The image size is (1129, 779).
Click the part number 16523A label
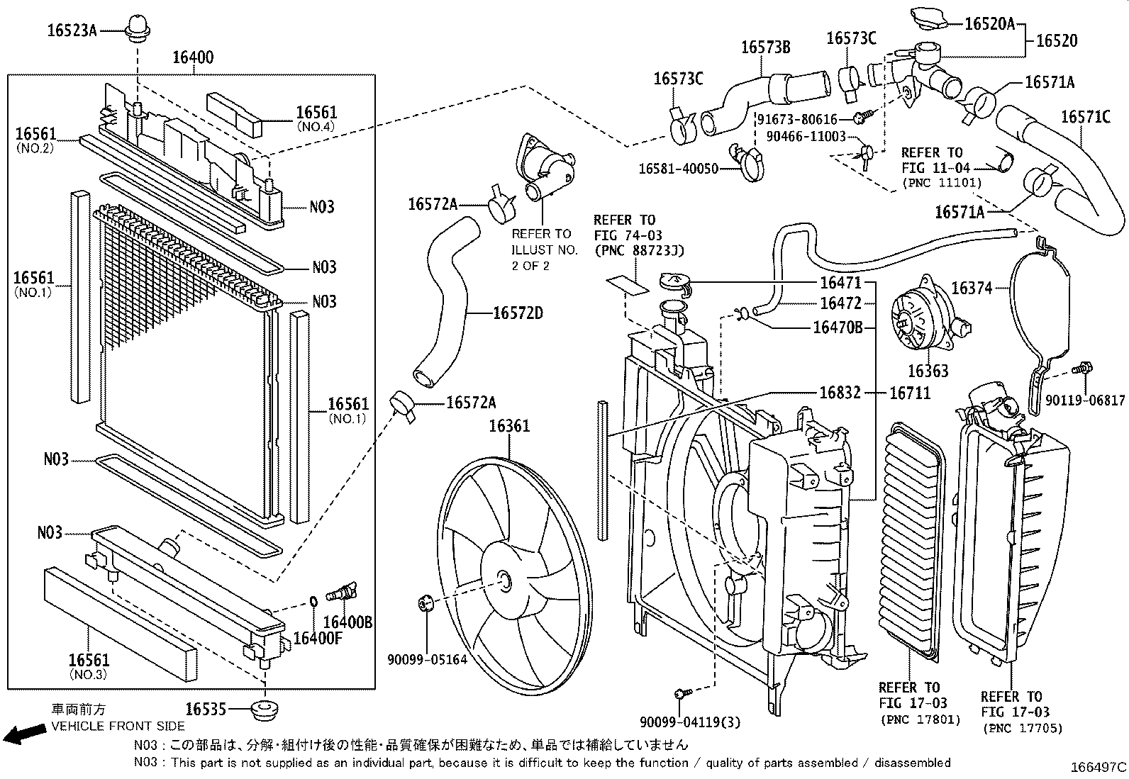[72, 30]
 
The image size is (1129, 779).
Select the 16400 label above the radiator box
[193, 57]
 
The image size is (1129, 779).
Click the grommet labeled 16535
[265, 709]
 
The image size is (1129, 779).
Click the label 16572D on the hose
[518, 313]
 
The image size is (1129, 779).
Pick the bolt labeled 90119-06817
[1083, 369]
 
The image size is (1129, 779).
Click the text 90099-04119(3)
[689, 722]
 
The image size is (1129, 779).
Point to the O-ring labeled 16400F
[313, 603]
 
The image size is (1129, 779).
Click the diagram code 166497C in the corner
[1098, 767]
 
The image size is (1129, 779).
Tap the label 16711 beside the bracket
[909, 393]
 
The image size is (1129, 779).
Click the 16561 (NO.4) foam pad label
[316, 113]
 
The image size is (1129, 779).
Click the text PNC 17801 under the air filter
[920, 719]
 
